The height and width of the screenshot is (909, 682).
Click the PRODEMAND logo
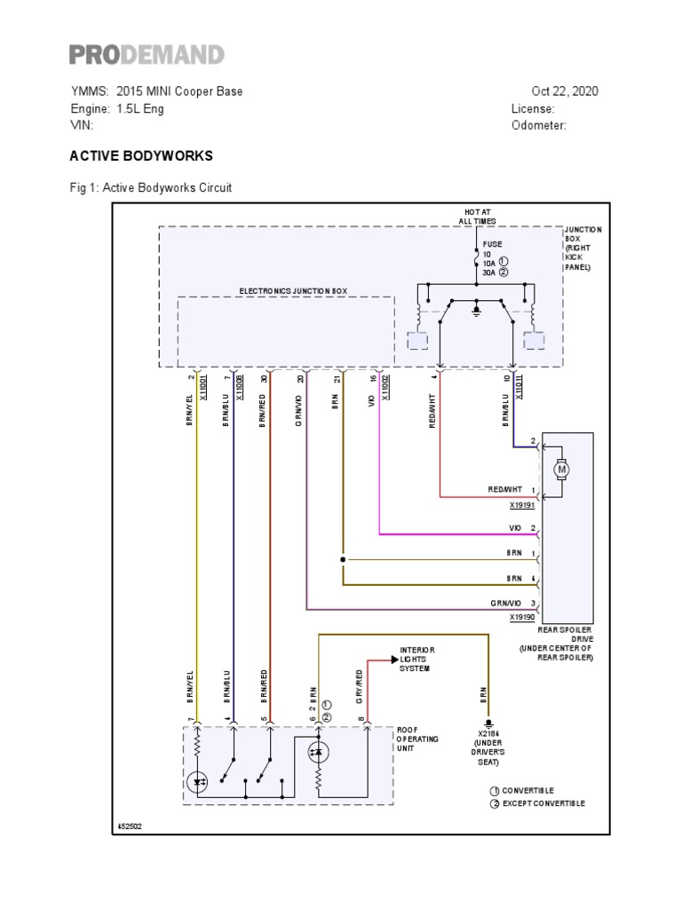(x=147, y=55)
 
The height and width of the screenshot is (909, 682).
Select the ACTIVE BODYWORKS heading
(x=141, y=155)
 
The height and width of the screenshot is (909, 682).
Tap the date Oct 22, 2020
(x=565, y=91)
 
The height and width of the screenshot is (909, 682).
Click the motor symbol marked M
(x=560, y=468)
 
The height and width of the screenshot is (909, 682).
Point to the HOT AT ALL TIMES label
(x=478, y=217)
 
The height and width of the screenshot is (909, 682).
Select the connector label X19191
(x=523, y=506)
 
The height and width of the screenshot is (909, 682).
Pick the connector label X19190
(x=523, y=617)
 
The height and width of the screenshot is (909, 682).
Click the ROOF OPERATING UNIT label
(x=417, y=739)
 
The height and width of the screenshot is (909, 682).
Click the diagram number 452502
(x=131, y=826)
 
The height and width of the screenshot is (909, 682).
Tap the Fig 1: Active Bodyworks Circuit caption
(x=151, y=188)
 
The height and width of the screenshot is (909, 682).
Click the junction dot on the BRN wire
(x=343, y=560)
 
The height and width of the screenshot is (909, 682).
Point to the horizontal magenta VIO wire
(x=453, y=534)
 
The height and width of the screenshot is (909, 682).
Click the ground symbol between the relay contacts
(x=477, y=309)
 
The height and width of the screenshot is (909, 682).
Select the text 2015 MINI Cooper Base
(x=179, y=91)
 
